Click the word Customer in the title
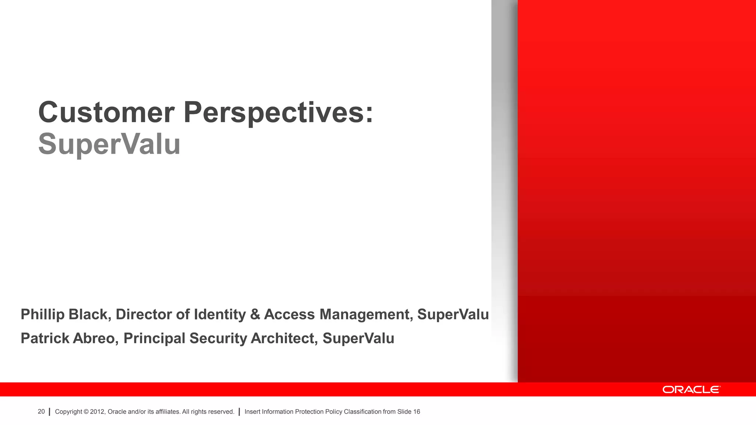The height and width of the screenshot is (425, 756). [106, 113]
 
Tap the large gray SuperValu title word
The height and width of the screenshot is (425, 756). [109, 144]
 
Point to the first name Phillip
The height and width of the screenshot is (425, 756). [42, 314]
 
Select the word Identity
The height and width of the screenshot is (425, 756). [220, 314]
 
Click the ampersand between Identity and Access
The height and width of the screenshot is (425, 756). [255, 314]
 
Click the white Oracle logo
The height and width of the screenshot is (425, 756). [691, 390]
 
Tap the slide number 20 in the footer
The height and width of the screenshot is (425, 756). [41, 412]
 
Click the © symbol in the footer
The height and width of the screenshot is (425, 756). [86, 412]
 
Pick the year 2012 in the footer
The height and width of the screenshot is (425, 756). [97, 412]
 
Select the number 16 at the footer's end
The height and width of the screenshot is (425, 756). [416, 412]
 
